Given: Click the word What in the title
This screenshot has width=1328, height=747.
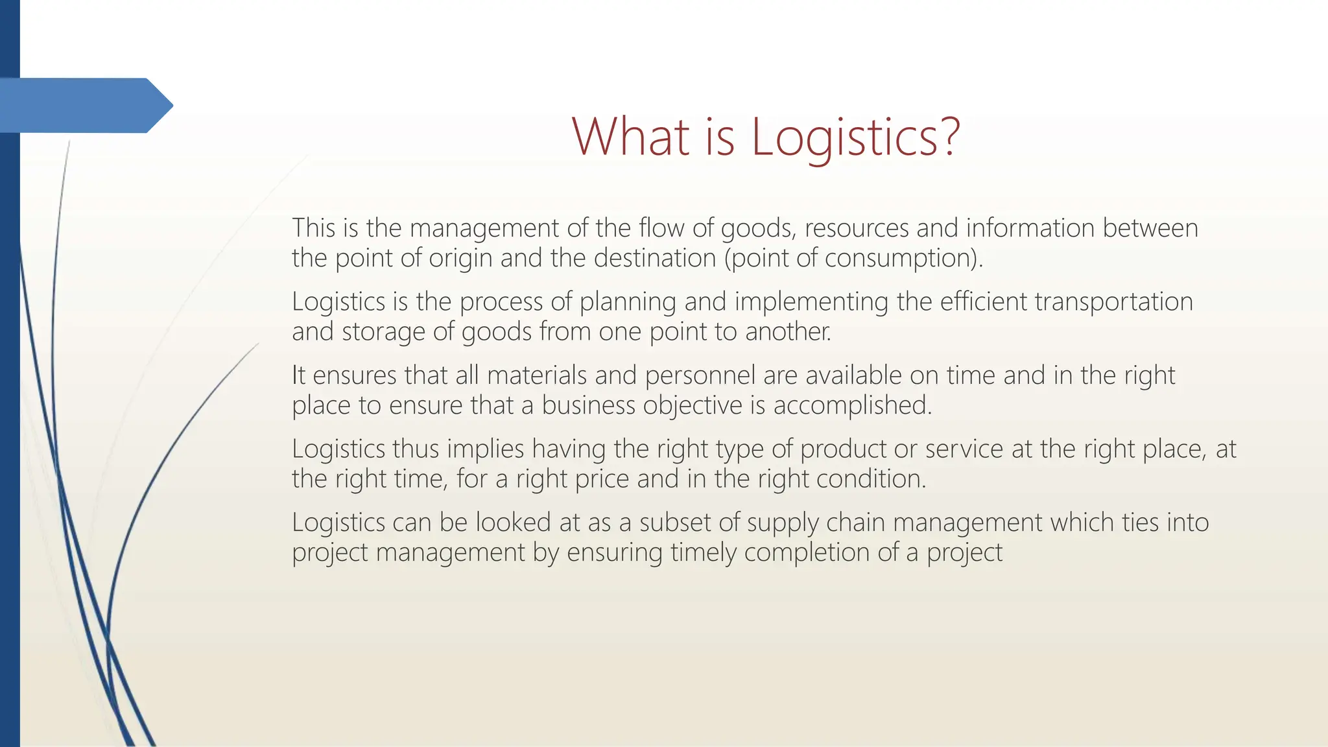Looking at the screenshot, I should click(630, 137).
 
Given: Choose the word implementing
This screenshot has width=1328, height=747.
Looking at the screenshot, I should click(811, 302).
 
